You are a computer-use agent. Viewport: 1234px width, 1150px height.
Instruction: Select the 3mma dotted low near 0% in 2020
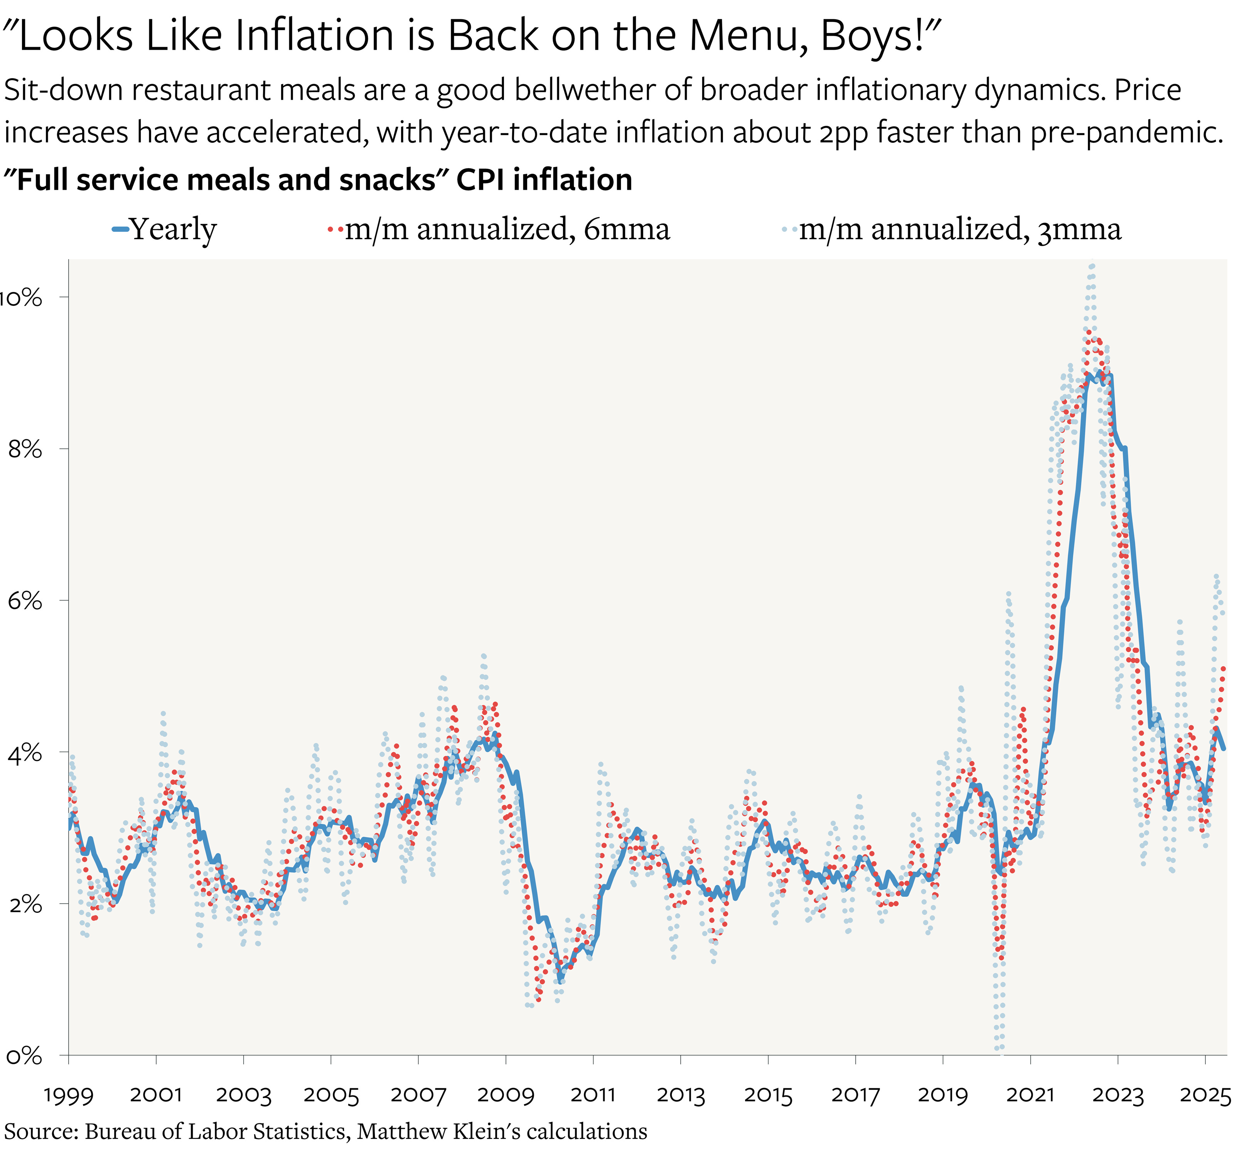tap(999, 1049)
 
